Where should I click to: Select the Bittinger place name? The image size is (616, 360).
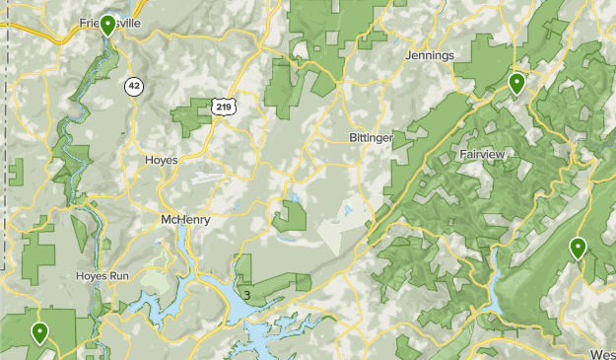pyautogui.click(x=370, y=137)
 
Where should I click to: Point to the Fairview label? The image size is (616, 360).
pyautogui.click(x=483, y=155)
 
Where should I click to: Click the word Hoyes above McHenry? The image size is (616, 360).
pyautogui.click(x=161, y=160)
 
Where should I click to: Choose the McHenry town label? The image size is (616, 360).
pyautogui.click(x=185, y=220)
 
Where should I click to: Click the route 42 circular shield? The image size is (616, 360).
pyautogui.click(x=134, y=87)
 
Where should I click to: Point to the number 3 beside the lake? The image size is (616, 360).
pyautogui.click(x=246, y=295)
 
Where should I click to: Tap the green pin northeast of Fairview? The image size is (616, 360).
pyautogui.click(x=515, y=83)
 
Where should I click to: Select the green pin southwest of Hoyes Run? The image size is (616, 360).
pyautogui.click(x=40, y=332)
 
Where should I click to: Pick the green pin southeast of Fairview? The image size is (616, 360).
pyautogui.click(x=578, y=249)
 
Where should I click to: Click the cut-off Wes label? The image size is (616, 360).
pyautogui.click(x=602, y=353)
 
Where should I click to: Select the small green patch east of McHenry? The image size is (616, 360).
pyautogui.click(x=289, y=215)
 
